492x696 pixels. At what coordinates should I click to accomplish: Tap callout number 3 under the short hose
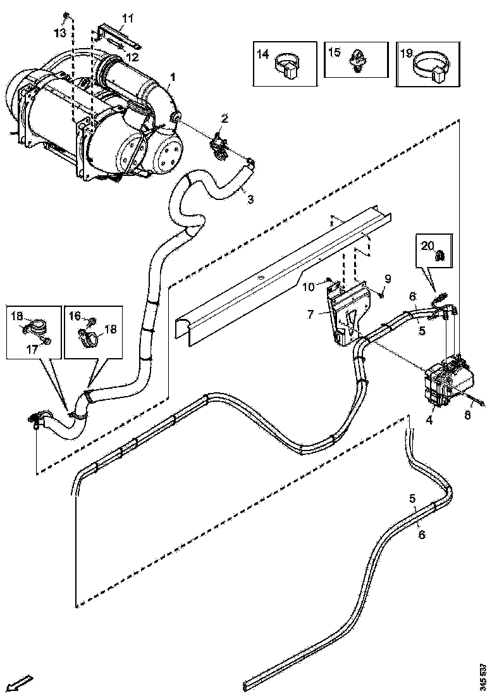point(250,200)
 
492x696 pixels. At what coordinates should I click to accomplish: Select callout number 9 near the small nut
point(388,278)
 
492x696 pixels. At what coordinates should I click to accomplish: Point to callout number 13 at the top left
point(59,32)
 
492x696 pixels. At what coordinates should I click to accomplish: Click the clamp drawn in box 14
point(288,66)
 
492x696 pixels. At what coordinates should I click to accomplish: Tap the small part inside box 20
point(441,256)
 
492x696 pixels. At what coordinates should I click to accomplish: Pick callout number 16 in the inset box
point(75,316)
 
